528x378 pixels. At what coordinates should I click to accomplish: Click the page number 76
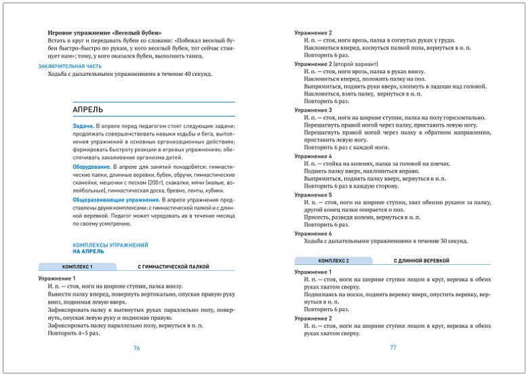pos(136,348)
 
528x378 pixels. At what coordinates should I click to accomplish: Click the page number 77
pos(392,348)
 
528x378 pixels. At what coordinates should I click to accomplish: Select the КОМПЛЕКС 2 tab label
pos(333,261)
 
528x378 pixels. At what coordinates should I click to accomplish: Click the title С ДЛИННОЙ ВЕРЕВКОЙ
pos(422,261)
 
